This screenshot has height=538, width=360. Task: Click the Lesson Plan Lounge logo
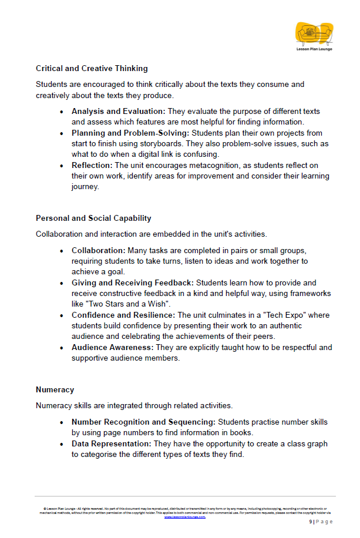coord(314,36)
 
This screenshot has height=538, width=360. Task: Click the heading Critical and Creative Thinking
coord(92,69)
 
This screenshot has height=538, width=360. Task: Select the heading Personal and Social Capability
coord(93,218)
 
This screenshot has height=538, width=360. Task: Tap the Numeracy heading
coord(55,389)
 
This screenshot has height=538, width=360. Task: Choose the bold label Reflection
coord(92,166)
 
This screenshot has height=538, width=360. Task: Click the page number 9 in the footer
coord(311,522)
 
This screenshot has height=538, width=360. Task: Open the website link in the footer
coord(184,517)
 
